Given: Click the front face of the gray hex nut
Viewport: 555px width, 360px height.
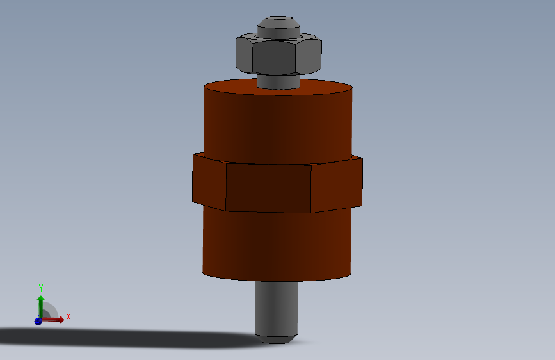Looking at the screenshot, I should [x=277, y=58].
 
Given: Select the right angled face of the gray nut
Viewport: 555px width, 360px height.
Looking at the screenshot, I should [x=309, y=56].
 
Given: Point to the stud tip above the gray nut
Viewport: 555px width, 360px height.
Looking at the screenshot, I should [x=278, y=26].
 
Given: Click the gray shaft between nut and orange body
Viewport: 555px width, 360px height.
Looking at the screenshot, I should [x=278, y=81].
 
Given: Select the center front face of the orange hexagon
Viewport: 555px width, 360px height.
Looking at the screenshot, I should [x=269, y=188].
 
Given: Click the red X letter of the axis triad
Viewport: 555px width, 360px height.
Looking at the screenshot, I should [x=68, y=316].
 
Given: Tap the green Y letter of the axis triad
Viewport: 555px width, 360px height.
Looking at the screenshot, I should [x=40, y=288].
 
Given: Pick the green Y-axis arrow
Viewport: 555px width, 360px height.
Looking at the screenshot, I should [x=40, y=302].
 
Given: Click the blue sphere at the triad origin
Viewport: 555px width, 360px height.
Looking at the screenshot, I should [x=38, y=321].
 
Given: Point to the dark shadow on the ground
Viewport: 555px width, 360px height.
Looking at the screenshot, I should [x=128, y=337].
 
